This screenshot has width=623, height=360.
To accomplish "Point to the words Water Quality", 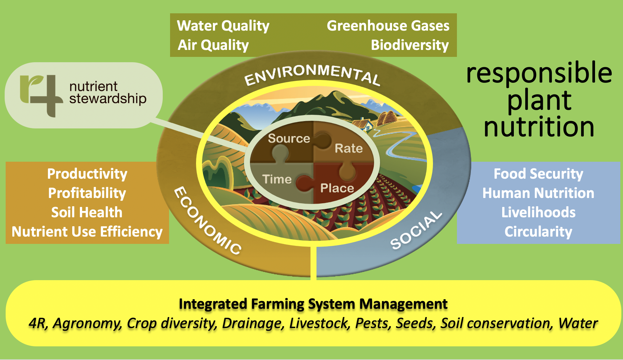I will tap(223, 26).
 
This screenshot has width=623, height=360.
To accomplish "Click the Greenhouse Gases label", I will tap(388, 26).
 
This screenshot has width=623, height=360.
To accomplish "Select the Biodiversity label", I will tap(410, 45).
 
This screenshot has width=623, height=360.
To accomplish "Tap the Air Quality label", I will tap(213, 45).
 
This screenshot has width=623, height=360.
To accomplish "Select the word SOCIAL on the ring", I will tap(416, 230).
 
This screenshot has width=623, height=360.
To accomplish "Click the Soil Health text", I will tap(87, 213).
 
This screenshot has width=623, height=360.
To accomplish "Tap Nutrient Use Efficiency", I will tap(87, 232).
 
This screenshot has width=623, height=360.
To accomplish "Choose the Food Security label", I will tap(538, 174).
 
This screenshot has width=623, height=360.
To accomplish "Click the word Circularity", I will tap(538, 232).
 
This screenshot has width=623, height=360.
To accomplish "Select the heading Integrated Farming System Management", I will tap(313, 304).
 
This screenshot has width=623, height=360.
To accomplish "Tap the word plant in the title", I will tap(539, 100).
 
